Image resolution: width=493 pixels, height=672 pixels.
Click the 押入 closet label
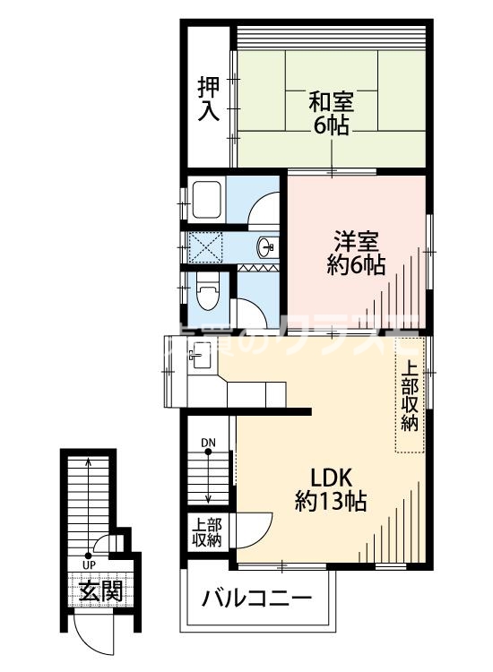click(x=208, y=99)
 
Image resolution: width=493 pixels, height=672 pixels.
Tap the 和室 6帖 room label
click(x=332, y=112)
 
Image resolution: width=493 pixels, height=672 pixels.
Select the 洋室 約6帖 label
click(x=356, y=254)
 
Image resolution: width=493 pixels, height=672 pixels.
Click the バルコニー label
click(x=256, y=598)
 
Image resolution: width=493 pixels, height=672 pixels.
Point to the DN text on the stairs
click(x=208, y=443)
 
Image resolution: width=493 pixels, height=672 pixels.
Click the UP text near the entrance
click(x=89, y=565)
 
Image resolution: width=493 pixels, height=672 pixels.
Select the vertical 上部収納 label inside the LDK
click(x=409, y=395)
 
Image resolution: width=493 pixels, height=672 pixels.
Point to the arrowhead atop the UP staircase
click(x=88, y=464)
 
